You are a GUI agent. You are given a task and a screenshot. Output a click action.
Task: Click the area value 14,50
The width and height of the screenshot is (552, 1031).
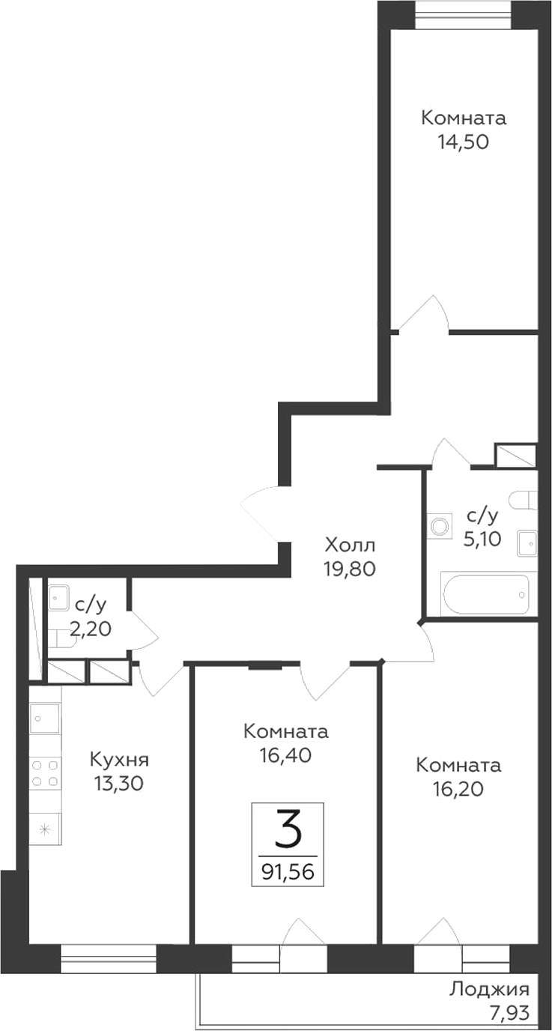pos(464,142)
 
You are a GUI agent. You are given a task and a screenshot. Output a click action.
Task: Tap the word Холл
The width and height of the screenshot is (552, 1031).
pos(350,542)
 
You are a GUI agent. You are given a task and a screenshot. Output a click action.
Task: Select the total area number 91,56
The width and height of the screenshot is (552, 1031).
pos(288,871)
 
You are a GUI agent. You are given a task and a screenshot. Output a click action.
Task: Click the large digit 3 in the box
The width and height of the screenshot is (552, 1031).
pos(288,830)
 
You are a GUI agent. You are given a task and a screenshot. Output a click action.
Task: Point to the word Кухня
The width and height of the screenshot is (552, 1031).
pos(119,759)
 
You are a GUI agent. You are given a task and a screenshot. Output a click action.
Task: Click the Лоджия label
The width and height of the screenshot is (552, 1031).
pos(489,989)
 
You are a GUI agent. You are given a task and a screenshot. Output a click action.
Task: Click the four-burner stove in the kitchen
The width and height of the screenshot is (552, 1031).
pos(45,773)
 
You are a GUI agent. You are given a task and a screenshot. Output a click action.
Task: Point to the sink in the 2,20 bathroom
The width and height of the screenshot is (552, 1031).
pos(58,596)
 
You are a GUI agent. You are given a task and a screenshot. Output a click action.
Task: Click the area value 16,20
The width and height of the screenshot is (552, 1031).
pos(458,789)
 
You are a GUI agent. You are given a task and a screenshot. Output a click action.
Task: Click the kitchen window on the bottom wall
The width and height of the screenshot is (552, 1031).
pos(109,958)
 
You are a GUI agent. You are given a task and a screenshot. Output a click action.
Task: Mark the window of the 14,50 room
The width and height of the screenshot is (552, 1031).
pos(464,13)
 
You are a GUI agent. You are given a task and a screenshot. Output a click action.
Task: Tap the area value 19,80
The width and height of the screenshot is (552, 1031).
pos(350,568)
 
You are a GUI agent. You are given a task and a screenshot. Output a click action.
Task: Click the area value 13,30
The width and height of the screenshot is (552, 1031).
pos(119,784)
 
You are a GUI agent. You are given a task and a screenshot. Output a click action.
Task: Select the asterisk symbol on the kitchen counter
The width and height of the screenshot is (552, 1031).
pos(44,829)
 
